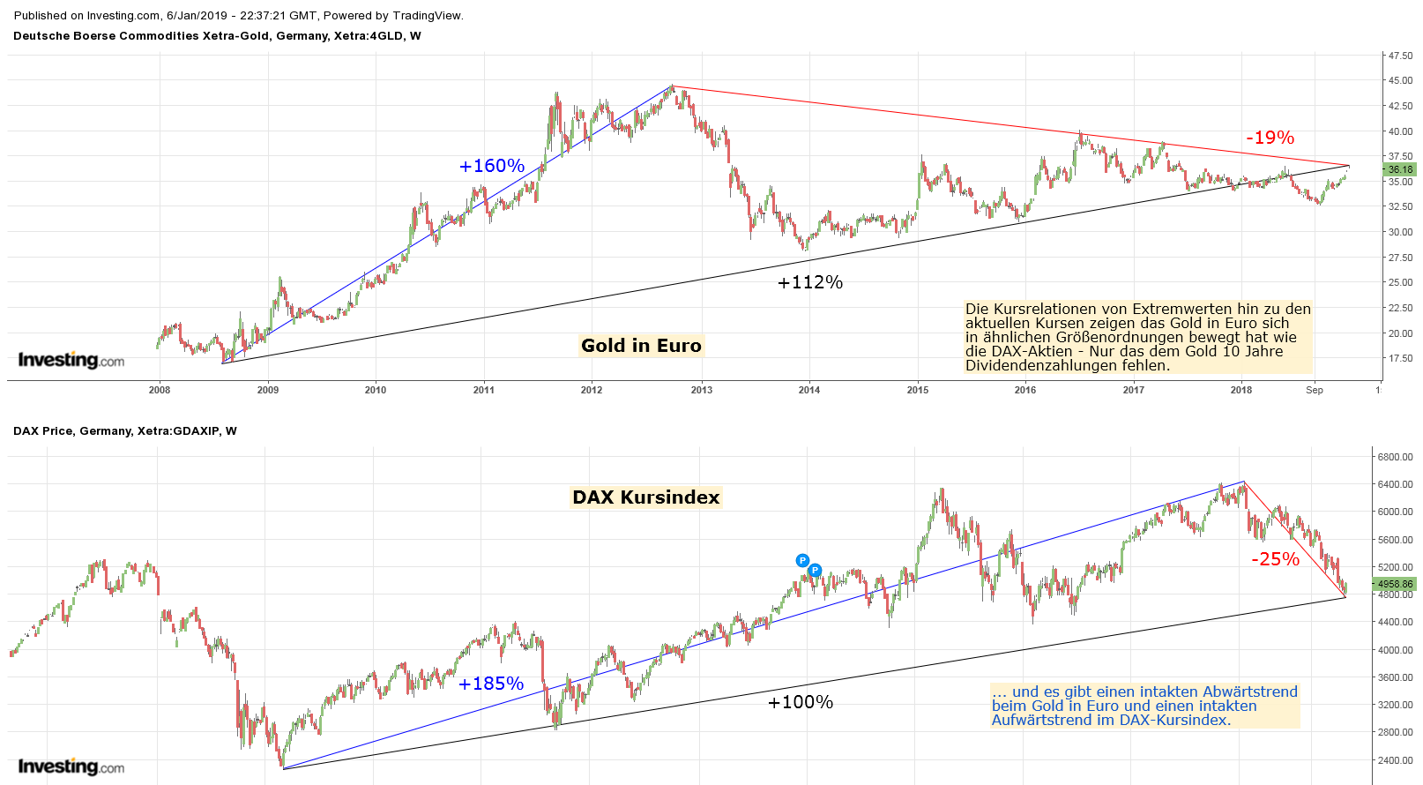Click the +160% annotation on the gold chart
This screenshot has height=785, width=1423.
(491, 166)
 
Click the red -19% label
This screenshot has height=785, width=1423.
(1270, 138)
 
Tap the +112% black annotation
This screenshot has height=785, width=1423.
(809, 282)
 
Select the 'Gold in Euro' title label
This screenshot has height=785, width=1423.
(641, 346)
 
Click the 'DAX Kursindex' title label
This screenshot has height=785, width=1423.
(646, 497)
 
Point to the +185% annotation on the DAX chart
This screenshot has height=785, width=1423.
(490, 684)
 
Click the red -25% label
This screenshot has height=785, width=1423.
(1275, 559)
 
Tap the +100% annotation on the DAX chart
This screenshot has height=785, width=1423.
(800, 702)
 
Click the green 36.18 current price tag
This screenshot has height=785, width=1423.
(1399, 169)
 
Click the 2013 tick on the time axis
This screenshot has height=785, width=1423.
(701, 390)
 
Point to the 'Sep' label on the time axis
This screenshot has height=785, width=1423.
(1314, 390)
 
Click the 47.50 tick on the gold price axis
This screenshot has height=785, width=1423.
(1400, 56)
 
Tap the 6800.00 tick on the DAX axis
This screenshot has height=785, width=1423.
(1396, 457)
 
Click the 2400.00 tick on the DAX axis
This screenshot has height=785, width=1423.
(1396, 760)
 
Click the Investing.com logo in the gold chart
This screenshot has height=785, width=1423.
(71, 360)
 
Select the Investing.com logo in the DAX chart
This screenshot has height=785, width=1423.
(71, 766)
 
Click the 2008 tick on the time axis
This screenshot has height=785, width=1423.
(160, 390)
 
